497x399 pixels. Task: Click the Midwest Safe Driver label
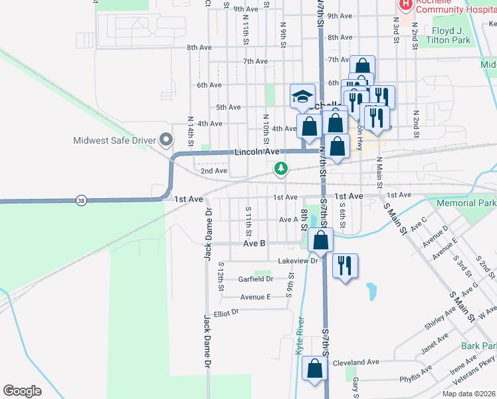114,140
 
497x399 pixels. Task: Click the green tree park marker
282,169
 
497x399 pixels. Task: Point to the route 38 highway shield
81,199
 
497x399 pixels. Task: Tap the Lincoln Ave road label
256,152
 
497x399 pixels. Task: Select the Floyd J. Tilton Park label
441,35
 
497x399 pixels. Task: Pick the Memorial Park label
466,202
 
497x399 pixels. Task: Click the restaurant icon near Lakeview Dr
345,266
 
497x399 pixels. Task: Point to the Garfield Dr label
256,279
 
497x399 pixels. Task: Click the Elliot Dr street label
226,313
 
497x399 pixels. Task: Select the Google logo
22,390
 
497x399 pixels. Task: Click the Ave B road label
254,244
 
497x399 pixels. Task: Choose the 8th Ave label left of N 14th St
199,48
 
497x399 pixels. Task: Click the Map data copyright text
469,394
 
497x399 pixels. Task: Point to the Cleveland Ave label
355,362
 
